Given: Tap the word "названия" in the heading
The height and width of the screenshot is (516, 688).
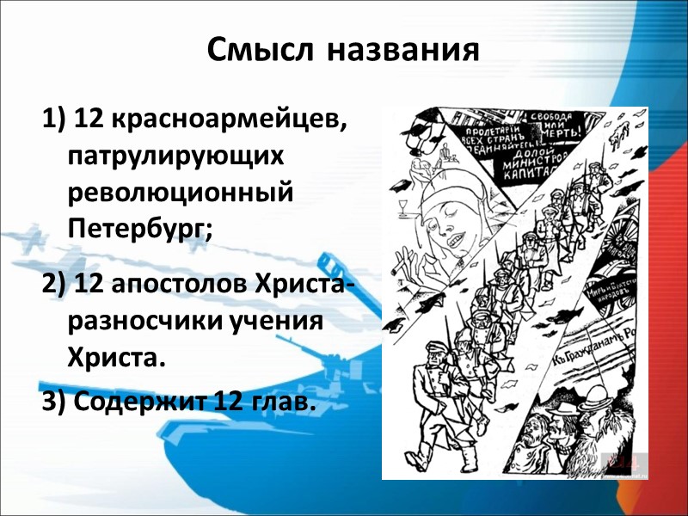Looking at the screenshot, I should point(402,50).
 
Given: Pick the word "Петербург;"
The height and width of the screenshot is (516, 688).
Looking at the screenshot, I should point(138,228).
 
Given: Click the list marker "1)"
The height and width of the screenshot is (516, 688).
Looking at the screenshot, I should point(53,121).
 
